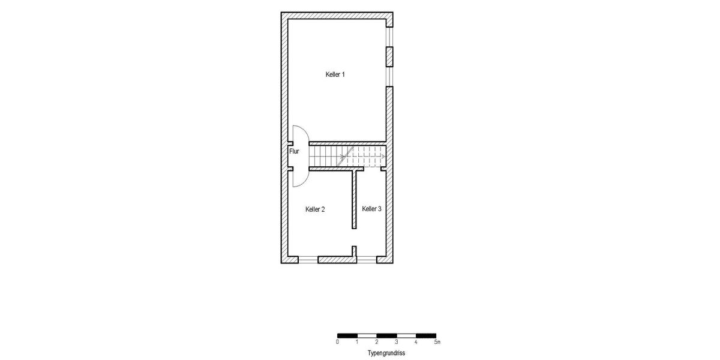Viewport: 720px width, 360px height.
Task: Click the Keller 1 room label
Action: (335, 74)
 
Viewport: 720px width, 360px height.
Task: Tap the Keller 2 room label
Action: (315, 209)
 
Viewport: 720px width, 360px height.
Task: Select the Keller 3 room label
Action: (371, 209)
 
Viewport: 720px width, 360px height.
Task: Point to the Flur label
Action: (294, 152)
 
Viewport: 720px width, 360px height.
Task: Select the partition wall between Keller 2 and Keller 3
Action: (355, 199)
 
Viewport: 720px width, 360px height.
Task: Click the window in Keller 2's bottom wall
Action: (308, 260)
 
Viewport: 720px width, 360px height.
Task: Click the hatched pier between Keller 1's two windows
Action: (389, 56)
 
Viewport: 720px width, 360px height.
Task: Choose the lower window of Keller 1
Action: (389, 76)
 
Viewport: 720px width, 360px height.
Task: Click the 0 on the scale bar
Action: (338, 342)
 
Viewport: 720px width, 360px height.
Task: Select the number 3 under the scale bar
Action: (397, 342)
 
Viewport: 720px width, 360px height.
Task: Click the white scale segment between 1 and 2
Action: (367, 335)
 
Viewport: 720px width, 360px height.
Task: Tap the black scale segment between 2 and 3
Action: (386, 335)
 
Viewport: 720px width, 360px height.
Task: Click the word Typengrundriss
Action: (386, 353)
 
